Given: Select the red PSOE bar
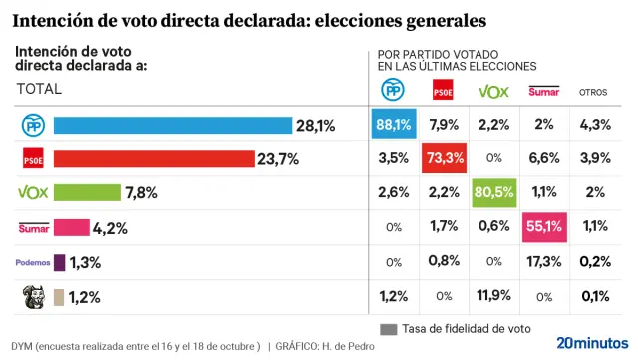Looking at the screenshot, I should click(x=154, y=159).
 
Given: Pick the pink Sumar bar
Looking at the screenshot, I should click(x=72, y=228).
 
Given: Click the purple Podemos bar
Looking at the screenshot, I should click(x=59, y=262).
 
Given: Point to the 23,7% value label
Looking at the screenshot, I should click(x=278, y=159).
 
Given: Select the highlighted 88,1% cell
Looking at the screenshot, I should click(x=393, y=125).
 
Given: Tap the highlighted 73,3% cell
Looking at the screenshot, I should click(x=443, y=159).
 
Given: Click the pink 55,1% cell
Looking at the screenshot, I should click(x=543, y=227).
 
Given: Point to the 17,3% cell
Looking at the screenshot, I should click(x=543, y=262).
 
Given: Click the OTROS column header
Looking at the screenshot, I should click(x=594, y=92).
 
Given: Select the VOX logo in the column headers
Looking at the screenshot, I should click(x=493, y=91).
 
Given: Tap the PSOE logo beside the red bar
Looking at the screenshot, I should click(x=32, y=159).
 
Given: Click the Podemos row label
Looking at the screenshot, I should click(x=32, y=262).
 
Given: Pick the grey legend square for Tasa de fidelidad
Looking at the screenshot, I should click(x=388, y=329).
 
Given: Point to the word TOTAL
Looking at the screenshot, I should click(x=39, y=89).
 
